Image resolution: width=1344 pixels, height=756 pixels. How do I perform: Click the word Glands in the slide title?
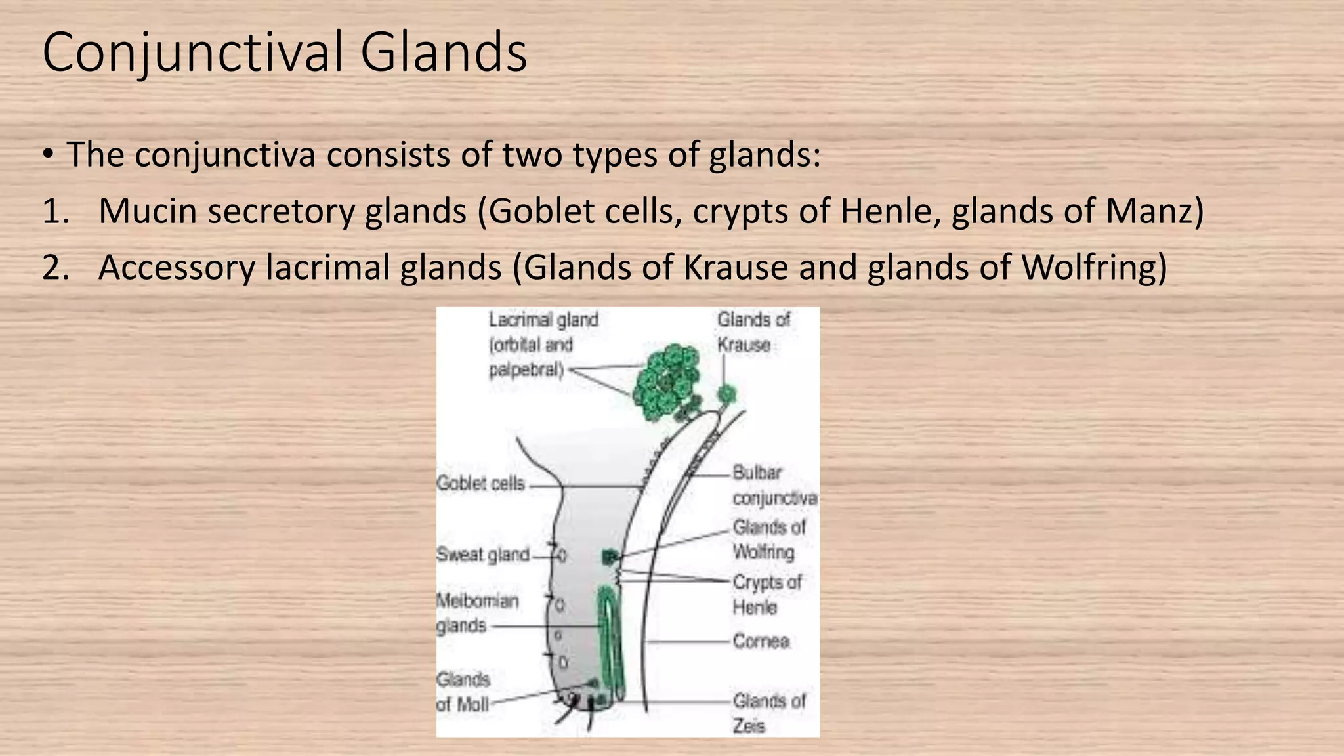click(444, 52)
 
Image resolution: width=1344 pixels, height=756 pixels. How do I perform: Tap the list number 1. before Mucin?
click(56, 212)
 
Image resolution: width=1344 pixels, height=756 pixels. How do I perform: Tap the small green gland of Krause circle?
click(726, 394)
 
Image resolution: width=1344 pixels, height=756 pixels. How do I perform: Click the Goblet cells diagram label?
click(481, 484)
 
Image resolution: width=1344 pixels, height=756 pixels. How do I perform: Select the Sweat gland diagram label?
click(483, 555)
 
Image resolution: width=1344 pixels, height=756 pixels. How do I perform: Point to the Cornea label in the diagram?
click(761, 640)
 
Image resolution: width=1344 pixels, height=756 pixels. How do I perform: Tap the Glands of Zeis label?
click(768, 713)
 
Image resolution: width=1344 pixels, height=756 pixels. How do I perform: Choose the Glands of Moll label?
click(463, 692)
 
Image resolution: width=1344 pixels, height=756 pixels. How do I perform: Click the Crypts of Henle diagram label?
click(766, 594)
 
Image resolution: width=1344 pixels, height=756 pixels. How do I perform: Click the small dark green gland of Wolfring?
click(609, 558)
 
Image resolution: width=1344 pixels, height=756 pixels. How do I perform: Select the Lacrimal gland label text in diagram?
click(543, 345)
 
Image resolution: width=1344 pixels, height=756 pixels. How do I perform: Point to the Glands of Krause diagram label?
click(753, 331)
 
